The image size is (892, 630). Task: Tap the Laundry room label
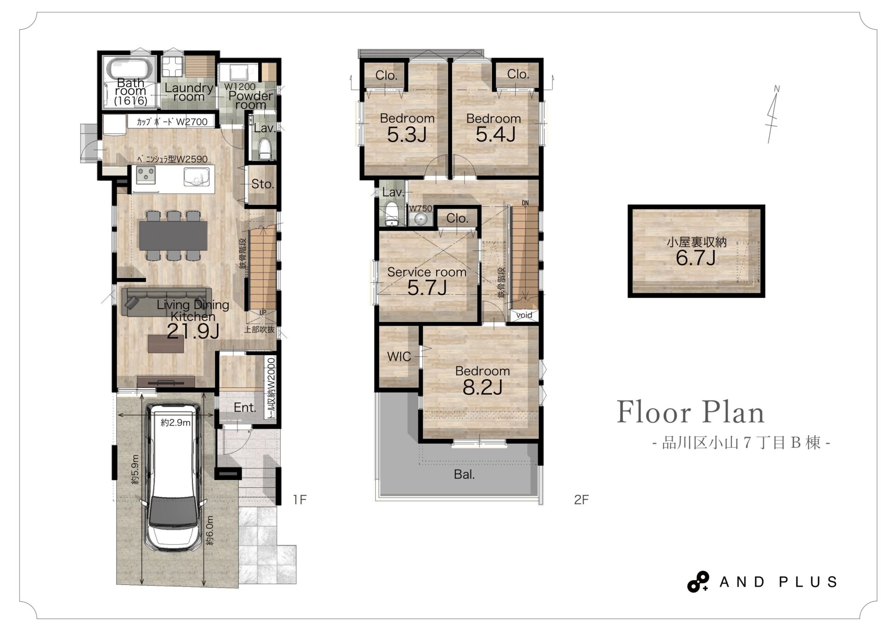coord(189,92)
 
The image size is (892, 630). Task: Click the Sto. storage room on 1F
coord(262,185)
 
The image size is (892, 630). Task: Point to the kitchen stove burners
coord(146,175)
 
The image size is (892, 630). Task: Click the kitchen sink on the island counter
coord(197,176)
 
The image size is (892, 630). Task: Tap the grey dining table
coord(173,235)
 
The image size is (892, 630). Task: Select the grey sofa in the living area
coord(166,302)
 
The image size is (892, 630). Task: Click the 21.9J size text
coord(193,331)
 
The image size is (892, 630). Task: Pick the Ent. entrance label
coord(245,408)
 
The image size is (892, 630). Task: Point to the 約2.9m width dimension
coord(176,423)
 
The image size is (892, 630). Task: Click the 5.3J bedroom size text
coord(407,135)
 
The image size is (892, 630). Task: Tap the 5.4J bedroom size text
coord(495,135)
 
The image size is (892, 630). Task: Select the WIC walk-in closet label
coord(399,357)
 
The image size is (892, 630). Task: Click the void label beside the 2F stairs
coord(524,315)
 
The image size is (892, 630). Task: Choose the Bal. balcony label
coord(464,475)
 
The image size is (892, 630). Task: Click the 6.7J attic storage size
coord(695,258)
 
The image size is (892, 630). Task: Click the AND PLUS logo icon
coord(698,582)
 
